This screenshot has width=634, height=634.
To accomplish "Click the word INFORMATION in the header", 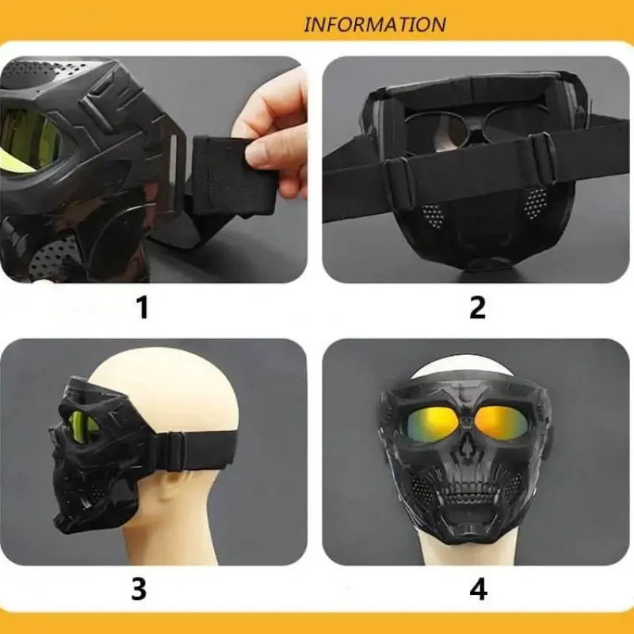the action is (x=375, y=25).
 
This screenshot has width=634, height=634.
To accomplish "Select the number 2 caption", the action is (x=478, y=307).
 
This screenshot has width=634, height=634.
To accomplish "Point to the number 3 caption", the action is (x=139, y=589).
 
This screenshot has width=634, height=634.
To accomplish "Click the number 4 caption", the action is (x=479, y=589).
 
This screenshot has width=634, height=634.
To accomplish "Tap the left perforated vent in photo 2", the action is (x=432, y=215).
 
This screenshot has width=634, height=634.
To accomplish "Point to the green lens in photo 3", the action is (x=84, y=425).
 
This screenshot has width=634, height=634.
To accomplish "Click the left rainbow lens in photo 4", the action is (x=432, y=425).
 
